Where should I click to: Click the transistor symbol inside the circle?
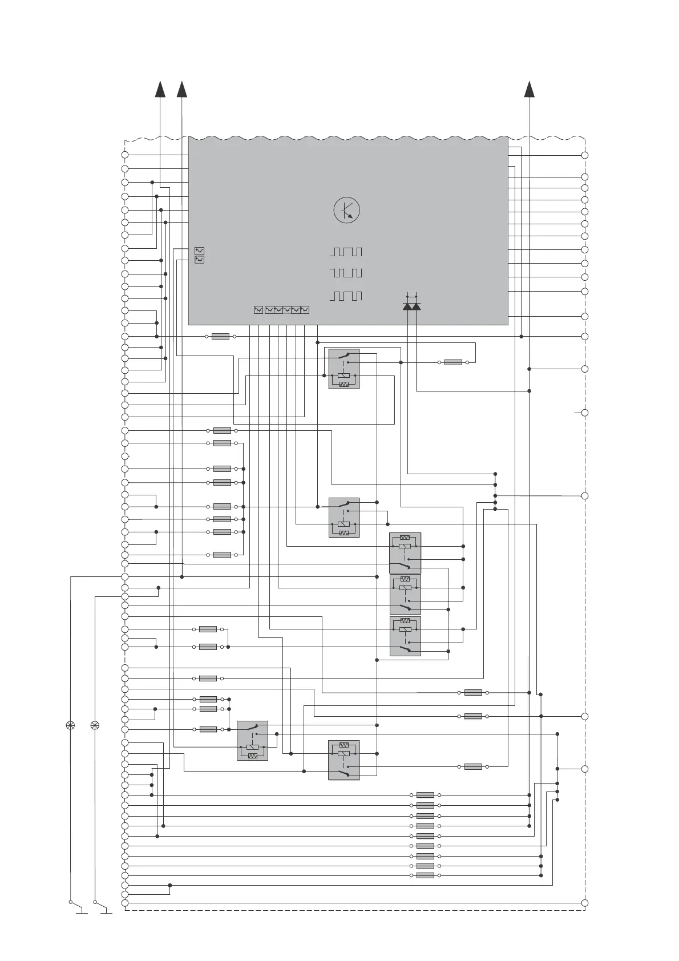347,210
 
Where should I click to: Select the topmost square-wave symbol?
346,252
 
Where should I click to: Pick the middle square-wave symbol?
346,273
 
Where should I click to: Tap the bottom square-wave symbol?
346,296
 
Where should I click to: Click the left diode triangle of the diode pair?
407,306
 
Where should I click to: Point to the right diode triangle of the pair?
417,306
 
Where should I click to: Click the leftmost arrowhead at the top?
160,89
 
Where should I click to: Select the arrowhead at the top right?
530,89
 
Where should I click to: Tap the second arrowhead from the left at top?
182,89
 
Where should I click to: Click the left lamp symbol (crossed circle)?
71,725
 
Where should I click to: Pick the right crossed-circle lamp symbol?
95,725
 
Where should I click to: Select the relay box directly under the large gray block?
344,369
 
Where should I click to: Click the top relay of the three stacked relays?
405,552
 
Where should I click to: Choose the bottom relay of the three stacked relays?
405,636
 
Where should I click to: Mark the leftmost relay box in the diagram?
252,740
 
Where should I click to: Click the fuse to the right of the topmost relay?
453,362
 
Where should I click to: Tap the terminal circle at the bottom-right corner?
584,903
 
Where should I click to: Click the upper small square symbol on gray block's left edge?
199,251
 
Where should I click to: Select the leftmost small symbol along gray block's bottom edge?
258,310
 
